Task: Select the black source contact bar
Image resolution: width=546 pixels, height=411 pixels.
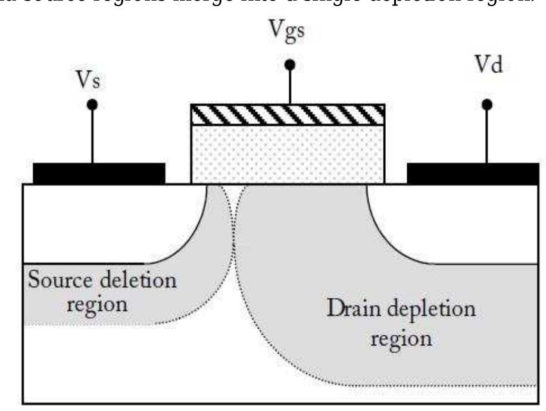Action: (99, 173)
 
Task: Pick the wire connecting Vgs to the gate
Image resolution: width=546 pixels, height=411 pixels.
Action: (290, 86)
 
